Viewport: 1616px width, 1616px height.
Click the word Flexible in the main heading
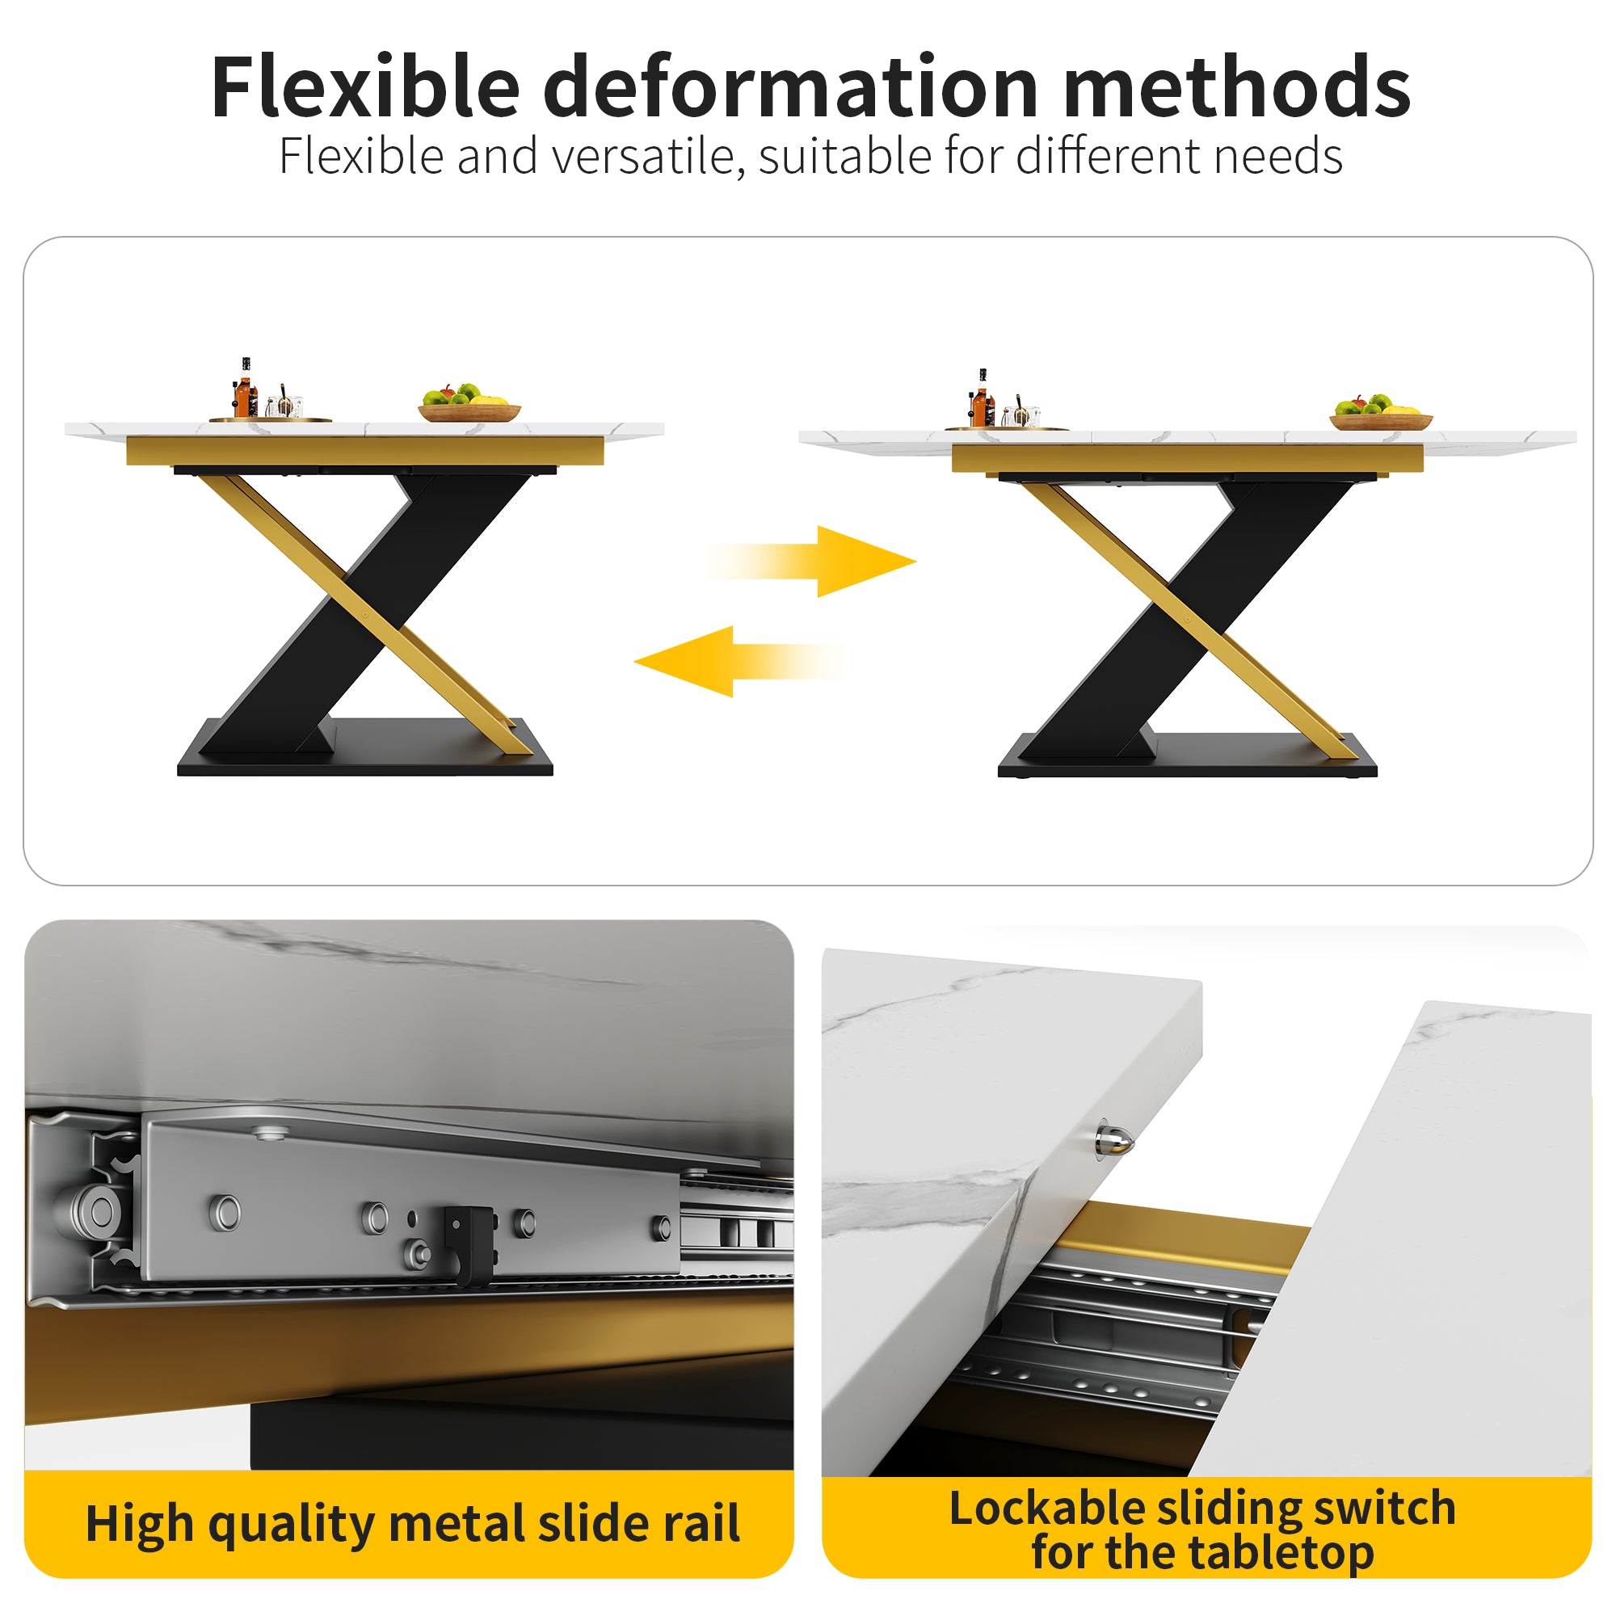click(x=365, y=87)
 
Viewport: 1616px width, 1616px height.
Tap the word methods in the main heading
click(x=1237, y=87)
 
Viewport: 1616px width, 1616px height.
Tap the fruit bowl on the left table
click(x=469, y=406)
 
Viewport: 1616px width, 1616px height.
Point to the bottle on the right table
click(x=980, y=401)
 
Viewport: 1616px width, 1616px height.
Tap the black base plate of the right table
click(x=1188, y=763)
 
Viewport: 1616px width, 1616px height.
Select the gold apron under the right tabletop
click(x=1186, y=458)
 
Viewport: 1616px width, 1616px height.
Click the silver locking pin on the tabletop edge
click(x=1116, y=1139)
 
